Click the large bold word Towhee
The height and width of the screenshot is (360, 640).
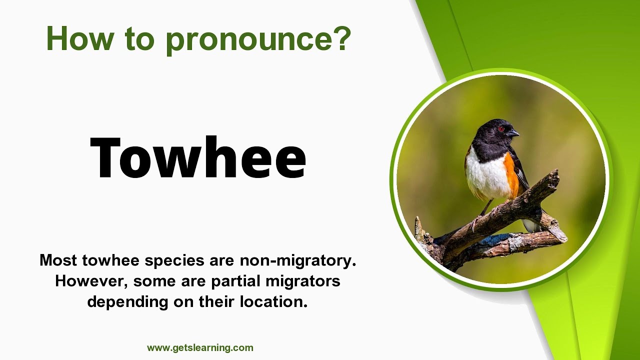click(x=198, y=157)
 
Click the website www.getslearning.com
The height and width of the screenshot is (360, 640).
click(x=200, y=348)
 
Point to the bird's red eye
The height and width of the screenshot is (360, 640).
click(x=501, y=129)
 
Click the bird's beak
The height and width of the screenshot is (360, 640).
click(x=513, y=133)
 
